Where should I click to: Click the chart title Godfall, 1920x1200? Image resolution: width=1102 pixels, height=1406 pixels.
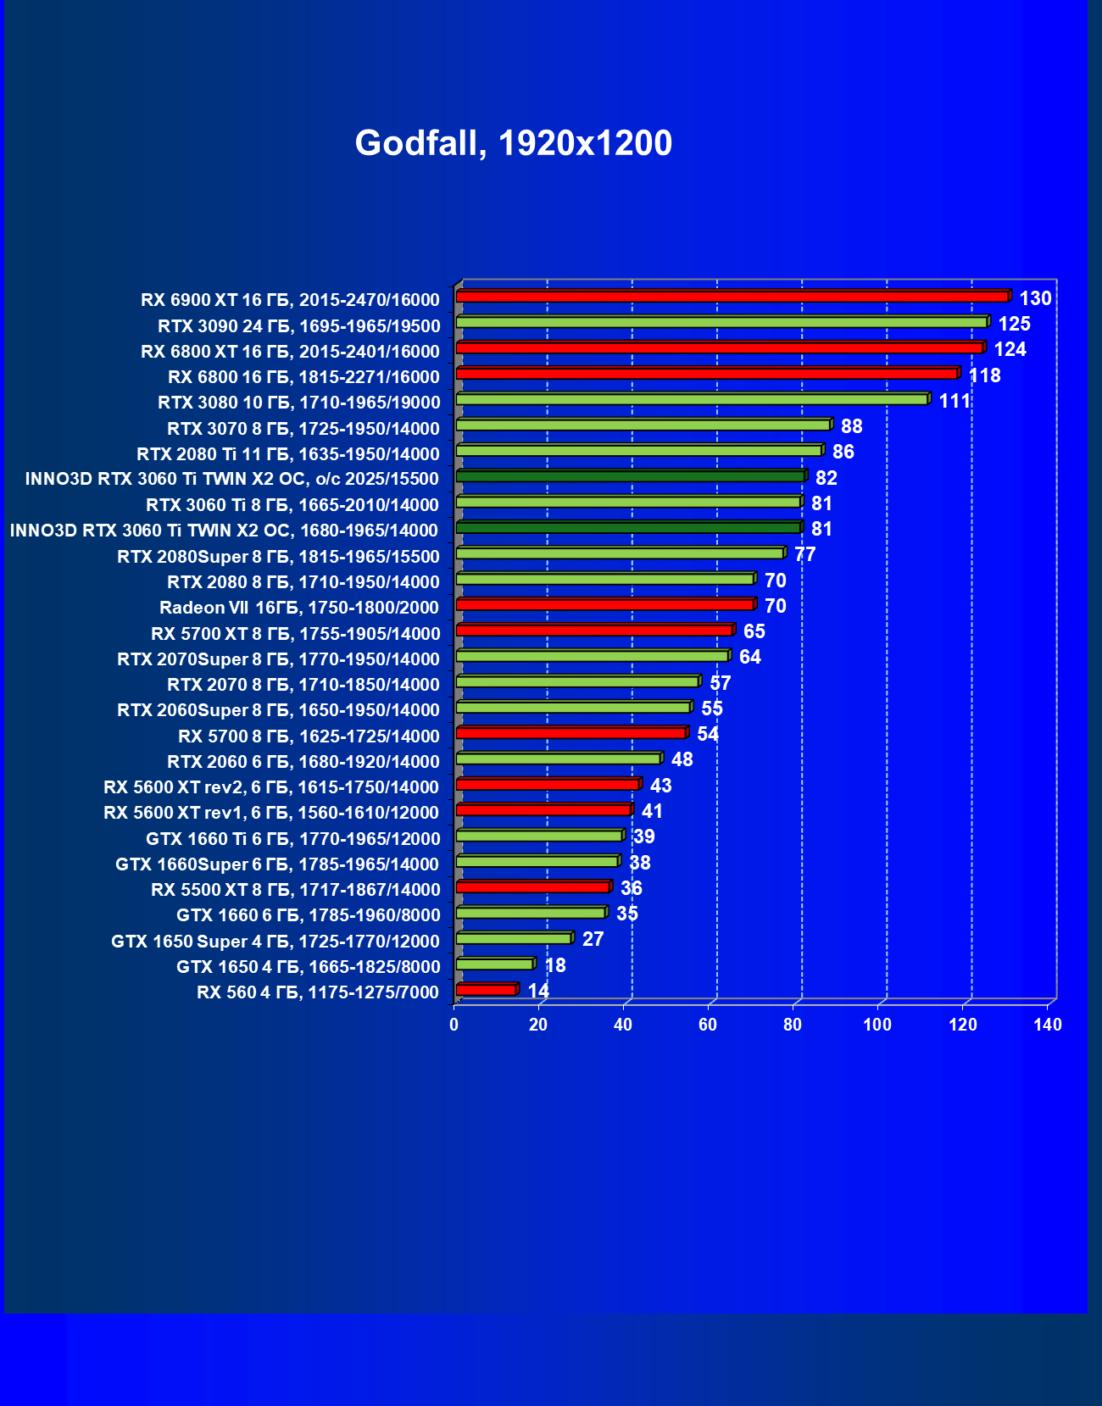(513, 143)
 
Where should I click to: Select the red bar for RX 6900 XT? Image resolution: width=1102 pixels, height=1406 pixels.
(732, 297)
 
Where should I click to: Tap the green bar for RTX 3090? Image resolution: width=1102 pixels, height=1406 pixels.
(721, 323)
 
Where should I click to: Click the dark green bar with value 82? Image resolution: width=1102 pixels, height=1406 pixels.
(630, 476)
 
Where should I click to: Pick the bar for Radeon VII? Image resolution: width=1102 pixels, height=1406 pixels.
(604, 605)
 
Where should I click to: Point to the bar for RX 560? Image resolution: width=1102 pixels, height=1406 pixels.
(486, 990)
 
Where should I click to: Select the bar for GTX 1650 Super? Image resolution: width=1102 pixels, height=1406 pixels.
(514, 939)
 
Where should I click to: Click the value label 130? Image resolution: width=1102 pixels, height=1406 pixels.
(1035, 298)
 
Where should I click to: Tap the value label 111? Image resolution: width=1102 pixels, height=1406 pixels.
(955, 401)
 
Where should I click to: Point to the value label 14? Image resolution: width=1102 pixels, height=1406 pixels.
(538, 991)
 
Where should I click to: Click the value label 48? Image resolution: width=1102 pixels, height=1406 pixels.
(682, 759)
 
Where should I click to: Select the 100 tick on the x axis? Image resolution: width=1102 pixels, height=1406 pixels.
(877, 1025)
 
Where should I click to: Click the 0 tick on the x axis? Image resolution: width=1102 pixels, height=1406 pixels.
(454, 1025)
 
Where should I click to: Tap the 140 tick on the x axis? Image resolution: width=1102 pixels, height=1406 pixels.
(1048, 1025)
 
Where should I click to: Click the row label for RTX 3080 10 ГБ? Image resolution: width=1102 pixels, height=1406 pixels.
(299, 403)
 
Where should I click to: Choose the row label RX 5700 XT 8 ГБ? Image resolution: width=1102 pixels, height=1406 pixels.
(296, 634)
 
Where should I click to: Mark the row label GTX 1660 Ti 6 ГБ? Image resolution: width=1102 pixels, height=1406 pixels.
(293, 839)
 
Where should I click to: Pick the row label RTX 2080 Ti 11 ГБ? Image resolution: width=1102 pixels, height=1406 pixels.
(288, 454)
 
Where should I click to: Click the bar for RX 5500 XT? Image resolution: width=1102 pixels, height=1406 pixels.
(532, 887)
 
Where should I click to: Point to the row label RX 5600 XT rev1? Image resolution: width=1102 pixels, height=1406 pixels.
(271, 813)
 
